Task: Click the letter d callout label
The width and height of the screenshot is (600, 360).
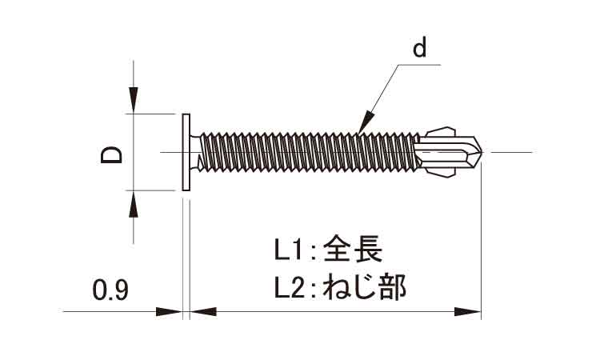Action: [420, 50]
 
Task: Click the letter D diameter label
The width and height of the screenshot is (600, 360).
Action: [112, 153]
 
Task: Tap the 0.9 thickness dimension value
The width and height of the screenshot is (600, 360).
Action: [110, 289]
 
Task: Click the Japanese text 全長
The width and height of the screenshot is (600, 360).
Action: [354, 251]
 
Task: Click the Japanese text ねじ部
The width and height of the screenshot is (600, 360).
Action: [364, 287]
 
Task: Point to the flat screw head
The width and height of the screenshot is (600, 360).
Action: [186, 152]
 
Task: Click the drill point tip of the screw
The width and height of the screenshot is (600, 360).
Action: [482, 151]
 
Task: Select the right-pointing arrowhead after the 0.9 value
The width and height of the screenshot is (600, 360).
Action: [170, 311]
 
